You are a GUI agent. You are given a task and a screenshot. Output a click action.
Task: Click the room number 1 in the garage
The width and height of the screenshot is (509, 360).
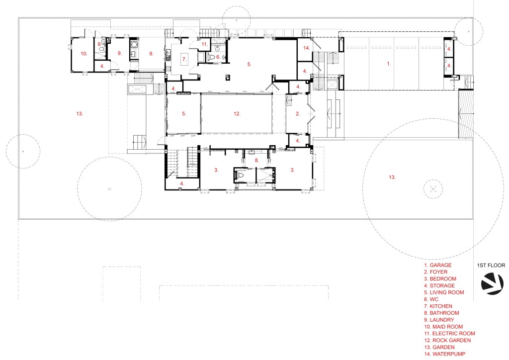(389, 64)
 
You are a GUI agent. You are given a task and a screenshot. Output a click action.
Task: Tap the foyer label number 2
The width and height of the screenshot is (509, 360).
(298, 113)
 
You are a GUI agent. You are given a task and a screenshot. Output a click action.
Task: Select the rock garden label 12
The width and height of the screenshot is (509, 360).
(237, 113)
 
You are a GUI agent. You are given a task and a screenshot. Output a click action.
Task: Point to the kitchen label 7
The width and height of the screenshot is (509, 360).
(184, 59)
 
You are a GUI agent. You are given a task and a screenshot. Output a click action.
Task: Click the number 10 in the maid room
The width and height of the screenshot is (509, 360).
(84, 54)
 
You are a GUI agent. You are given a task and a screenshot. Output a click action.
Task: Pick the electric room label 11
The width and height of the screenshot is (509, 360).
(204, 44)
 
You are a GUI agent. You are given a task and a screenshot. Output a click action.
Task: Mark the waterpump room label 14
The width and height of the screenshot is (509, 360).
(307, 48)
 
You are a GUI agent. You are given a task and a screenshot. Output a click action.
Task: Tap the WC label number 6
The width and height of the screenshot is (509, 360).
(218, 57)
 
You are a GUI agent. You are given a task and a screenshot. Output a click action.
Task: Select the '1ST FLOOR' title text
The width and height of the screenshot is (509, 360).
(491, 265)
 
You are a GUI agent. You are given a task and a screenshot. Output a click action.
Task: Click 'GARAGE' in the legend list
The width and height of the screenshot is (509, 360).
(440, 265)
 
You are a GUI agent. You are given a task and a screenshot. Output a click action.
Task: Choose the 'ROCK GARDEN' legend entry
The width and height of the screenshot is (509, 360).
(451, 340)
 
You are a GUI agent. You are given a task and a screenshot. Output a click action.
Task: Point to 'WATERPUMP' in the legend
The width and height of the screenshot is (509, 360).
(449, 354)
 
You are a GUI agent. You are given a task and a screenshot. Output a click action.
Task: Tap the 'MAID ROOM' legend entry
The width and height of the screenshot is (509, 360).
(448, 327)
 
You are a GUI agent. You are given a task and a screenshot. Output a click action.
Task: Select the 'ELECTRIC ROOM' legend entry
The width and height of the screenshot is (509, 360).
(453, 333)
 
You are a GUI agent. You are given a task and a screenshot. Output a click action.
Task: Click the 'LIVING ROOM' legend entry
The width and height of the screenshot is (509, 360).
(447, 292)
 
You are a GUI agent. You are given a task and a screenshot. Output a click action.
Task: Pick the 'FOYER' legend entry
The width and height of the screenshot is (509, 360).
(438, 271)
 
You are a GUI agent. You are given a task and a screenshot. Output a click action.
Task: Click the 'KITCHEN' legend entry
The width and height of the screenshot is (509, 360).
(441, 306)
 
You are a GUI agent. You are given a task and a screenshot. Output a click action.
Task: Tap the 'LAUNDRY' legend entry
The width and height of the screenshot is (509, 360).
(442, 320)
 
